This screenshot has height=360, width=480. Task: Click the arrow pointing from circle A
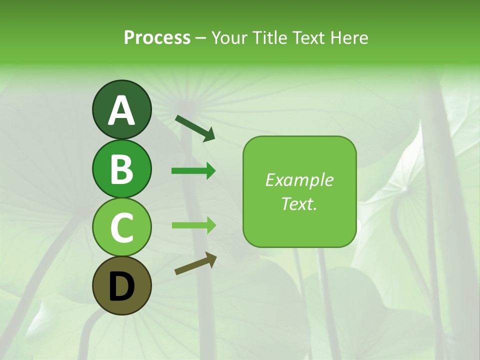(x=195, y=127)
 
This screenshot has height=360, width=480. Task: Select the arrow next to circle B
(x=193, y=171)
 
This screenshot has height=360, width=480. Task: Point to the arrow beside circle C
(x=193, y=225)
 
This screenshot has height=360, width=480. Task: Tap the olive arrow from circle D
(x=195, y=263)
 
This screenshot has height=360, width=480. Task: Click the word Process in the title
(x=157, y=37)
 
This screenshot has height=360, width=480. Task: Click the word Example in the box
(x=299, y=180)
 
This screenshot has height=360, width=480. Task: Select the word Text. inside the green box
(x=299, y=203)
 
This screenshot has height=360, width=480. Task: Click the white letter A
(x=121, y=110)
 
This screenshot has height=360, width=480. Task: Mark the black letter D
(x=121, y=286)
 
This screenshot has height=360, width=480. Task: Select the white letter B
(x=121, y=169)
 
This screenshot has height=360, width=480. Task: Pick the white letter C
(x=121, y=227)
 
